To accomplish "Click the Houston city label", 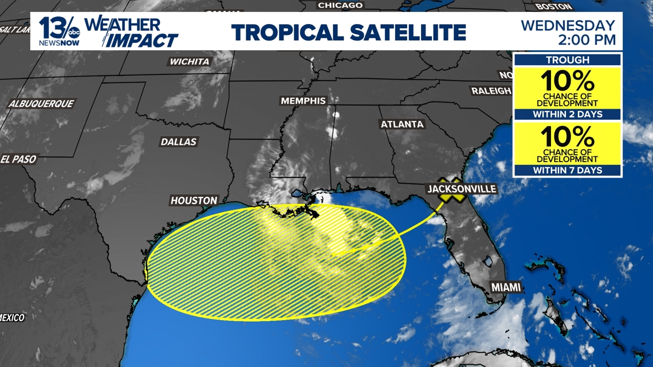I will point(194,200).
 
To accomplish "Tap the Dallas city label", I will point(179,141).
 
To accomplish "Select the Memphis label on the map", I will point(302,101).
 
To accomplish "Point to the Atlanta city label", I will point(402,124).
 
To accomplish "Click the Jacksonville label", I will point(461,188).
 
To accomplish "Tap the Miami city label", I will point(506,287).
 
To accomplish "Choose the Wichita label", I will point(190,61).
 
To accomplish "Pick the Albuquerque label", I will point(41,104).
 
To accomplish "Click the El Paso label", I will point(19,159).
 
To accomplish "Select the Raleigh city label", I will point(490,90).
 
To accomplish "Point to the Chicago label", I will point(340,5).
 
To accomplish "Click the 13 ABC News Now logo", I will point(59,31).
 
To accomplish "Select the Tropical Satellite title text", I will point(349,31).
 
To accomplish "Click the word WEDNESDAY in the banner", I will point(568,25).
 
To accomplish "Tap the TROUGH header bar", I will point(567,60).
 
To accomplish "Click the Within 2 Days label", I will point(567,114).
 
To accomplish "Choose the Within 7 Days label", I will point(567,170).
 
